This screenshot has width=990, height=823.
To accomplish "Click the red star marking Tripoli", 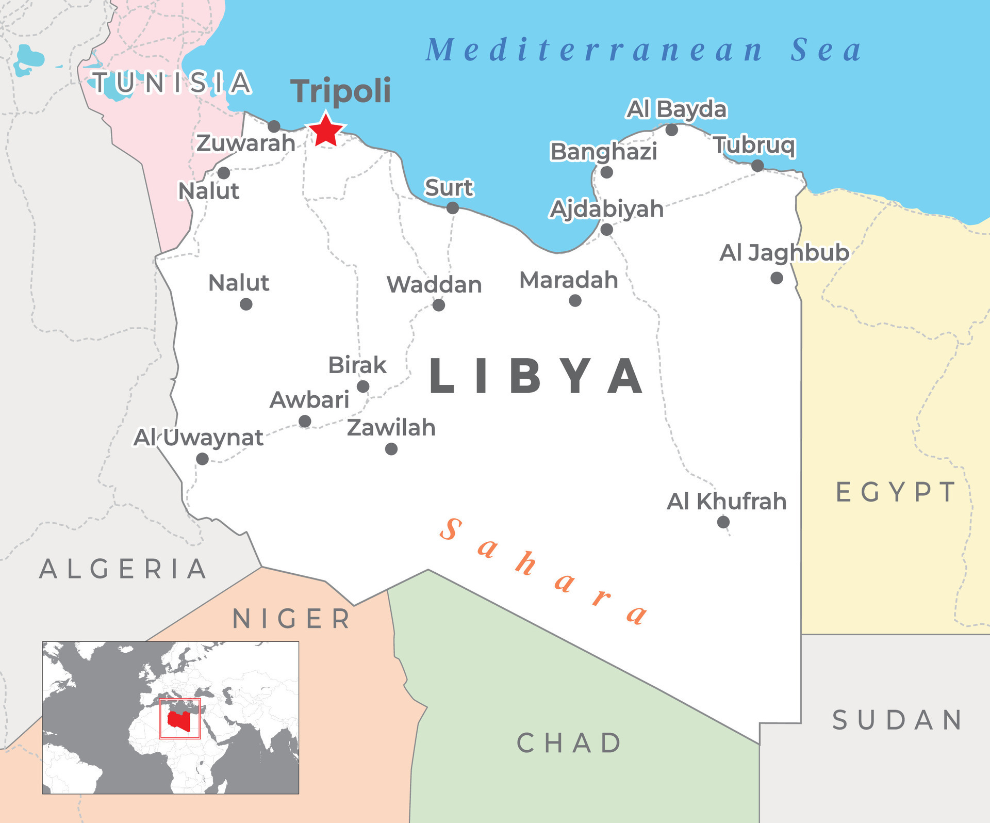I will click(325, 130).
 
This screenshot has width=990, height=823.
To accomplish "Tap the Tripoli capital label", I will click(341, 91).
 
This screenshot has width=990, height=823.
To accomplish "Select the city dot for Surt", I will click(452, 208).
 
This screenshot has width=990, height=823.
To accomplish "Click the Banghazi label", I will click(603, 152).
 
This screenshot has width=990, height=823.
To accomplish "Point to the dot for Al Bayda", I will click(671, 130).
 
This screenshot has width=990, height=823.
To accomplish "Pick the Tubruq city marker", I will click(757, 166).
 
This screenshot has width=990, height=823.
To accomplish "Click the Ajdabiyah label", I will click(606, 209).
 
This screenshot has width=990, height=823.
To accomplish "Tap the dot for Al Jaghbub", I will click(777, 278).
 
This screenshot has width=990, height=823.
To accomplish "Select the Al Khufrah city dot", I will click(723, 522).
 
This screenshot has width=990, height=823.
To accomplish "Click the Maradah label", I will click(568, 280).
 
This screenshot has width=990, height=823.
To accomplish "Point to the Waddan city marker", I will click(438, 305).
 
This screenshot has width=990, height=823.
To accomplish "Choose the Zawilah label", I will click(391, 428).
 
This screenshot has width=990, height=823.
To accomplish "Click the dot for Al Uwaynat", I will click(202, 459).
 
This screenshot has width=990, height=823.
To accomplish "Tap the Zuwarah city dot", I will click(274, 126).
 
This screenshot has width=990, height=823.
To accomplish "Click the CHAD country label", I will click(569, 743).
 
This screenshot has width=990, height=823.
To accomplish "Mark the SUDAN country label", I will click(897, 720).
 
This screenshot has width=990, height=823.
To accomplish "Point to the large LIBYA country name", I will click(536, 376).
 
